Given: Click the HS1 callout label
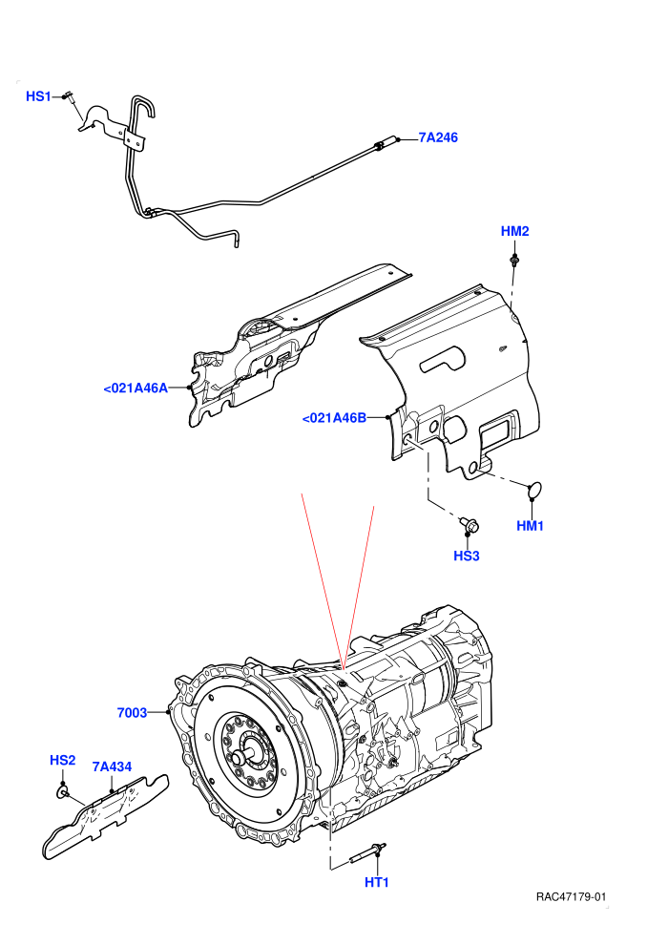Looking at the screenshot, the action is [x=38, y=96].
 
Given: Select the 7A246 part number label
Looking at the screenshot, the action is [x=438, y=137].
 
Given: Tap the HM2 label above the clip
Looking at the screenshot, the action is [x=515, y=231].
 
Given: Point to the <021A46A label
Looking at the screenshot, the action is [x=136, y=388].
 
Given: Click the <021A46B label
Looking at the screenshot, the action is [x=334, y=418].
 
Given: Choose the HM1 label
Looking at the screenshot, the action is [x=530, y=526].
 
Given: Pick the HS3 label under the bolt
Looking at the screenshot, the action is [x=467, y=556].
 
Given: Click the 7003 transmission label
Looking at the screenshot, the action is [x=132, y=713].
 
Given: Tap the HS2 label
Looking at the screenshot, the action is [x=63, y=761].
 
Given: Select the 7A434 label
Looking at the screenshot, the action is [x=112, y=767].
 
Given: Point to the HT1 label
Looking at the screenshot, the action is [x=377, y=882].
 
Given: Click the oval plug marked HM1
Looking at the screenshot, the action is [x=535, y=491].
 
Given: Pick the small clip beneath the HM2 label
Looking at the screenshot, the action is [x=514, y=261].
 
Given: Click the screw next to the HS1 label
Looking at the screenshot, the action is [x=70, y=96].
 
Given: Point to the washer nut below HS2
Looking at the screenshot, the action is [x=62, y=792].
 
